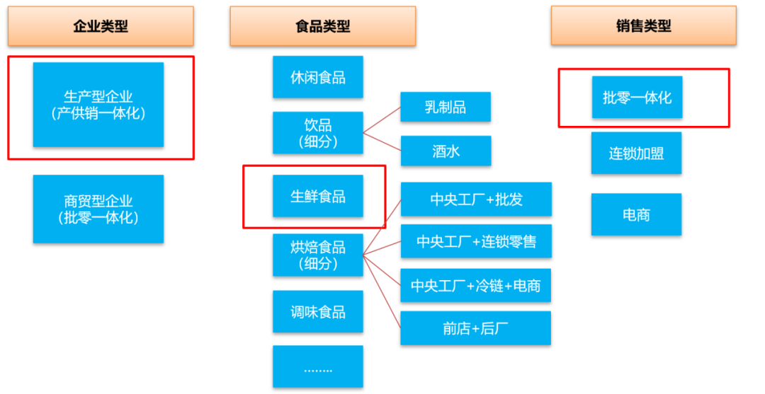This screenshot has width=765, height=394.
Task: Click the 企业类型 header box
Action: [x=101, y=26]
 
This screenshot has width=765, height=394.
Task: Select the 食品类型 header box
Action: [x=322, y=26]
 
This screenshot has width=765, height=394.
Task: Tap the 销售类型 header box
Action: [x=643, y=26]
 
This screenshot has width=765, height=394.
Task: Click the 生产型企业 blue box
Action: [x=98, y=105]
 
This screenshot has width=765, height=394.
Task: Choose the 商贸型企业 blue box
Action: [x=98, y=209]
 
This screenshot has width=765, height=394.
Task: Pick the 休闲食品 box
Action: [x=318, y=77]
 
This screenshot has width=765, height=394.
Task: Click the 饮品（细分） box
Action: [x=318, y=133]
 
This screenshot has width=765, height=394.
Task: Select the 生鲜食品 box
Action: [x=318, y=196]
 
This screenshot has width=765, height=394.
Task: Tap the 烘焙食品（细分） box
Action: [x=318, y=255]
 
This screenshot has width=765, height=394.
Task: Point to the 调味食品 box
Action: [x=318, y=312]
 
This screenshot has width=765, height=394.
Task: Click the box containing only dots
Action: [x=318, y=366]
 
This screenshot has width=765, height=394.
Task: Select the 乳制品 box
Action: [x=445, y=108]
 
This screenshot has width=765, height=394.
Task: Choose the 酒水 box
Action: [x=445, y=151]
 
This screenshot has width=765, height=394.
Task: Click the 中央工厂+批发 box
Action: [x=476, y=199]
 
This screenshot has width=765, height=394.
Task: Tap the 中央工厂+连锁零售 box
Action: [x=476, y=242]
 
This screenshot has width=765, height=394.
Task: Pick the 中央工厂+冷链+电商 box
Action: [x=476, y=286]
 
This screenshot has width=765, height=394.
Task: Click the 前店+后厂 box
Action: [x=476, y=328]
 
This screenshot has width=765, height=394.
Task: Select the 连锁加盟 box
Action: [x=636, y=153]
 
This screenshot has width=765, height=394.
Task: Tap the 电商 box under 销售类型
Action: [x=636, y=214]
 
